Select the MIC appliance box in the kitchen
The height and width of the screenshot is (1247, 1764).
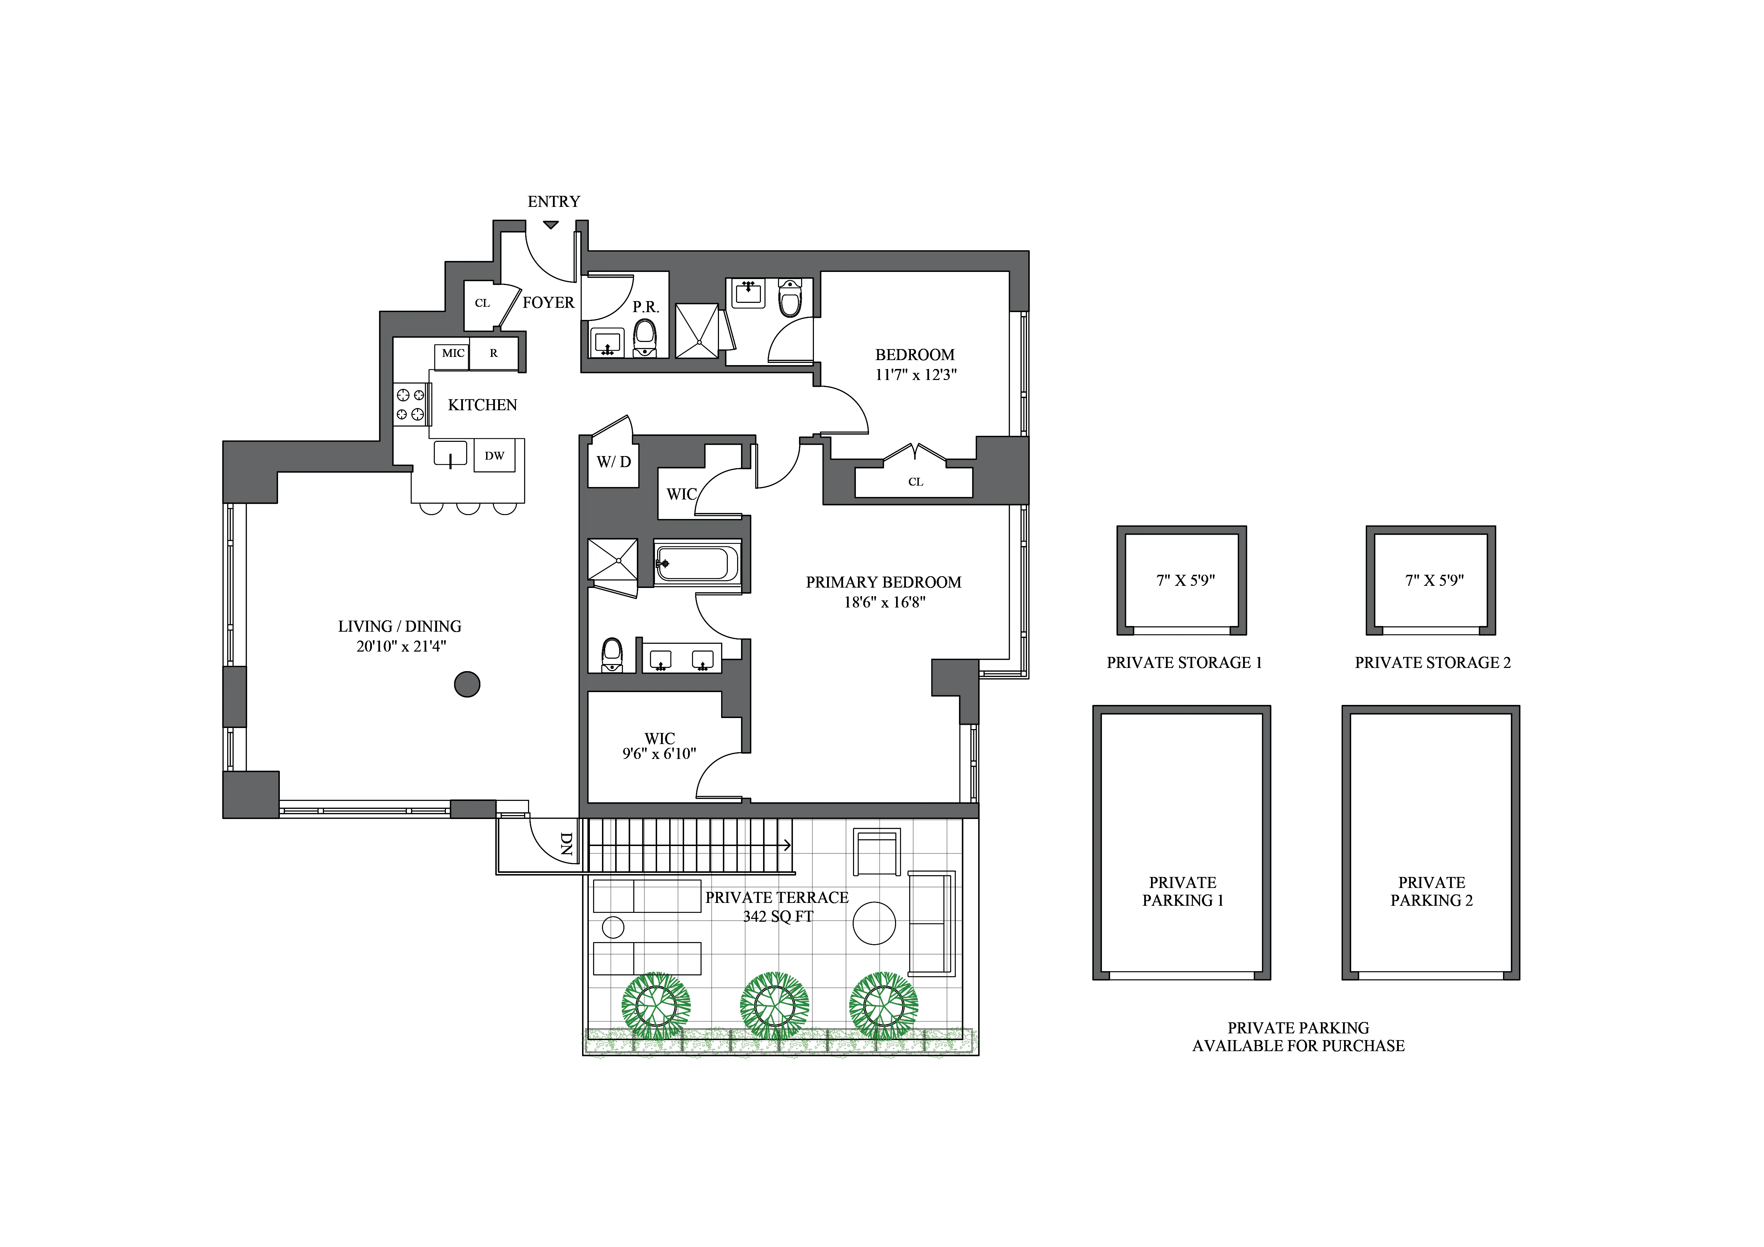[x=453, y=353]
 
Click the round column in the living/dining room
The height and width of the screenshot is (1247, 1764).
[x=467, y=684]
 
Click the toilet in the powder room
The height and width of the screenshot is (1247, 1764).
[x=645, y=338]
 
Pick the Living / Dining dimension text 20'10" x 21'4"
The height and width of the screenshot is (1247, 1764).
[x=400, y=647]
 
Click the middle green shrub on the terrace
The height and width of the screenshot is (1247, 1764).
[x=774, y=1003]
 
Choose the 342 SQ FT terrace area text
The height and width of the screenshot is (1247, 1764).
[x=778, y=917]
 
